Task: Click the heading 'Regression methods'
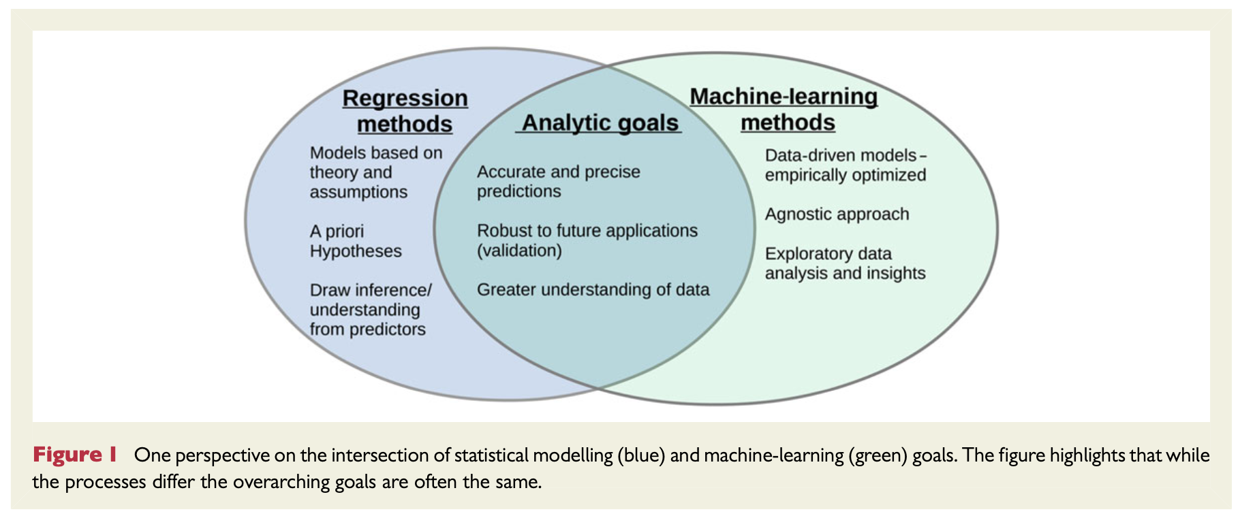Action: coord(405,111)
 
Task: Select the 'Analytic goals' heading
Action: coord(600,123)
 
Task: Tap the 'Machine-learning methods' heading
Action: coord(784,109)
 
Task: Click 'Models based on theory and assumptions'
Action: coord(376,172)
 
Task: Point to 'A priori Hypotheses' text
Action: coord(356,241)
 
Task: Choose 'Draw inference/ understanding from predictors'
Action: coord(371,310)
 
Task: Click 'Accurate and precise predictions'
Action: coord(559,181)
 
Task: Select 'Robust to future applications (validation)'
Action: coord(587,240)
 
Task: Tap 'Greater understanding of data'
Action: coord(593,289)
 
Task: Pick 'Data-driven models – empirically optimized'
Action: coord(846,165)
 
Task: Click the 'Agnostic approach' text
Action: coord(837,214)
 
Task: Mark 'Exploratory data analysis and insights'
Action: coord(845,263)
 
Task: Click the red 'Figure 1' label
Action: coord(75,454)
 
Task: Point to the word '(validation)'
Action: coord(519,251)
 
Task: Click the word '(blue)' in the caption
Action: coord(641,455)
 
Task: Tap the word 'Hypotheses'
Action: coord(356,251)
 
